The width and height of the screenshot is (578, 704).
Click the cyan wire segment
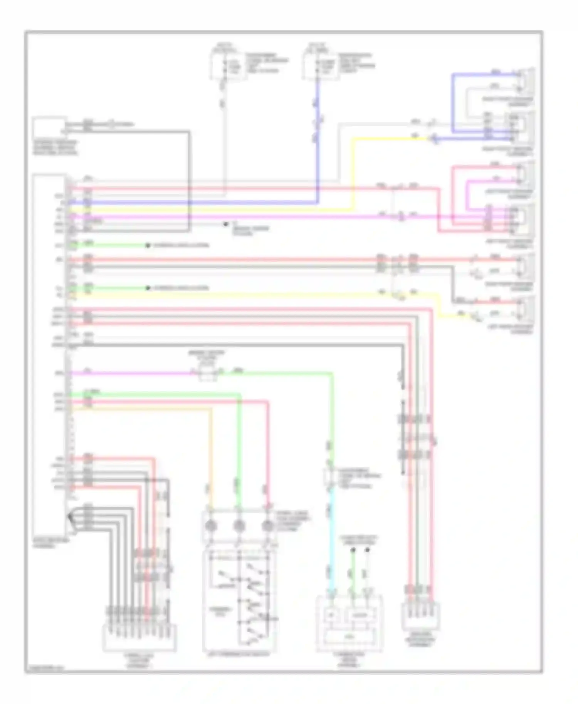coord(332,539)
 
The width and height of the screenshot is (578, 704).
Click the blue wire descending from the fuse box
coord(317,154)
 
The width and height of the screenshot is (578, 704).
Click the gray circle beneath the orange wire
coord(210,526)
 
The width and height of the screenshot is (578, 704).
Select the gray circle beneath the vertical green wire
coord(239,526)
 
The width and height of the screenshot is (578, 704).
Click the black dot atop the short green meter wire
coord(353,550)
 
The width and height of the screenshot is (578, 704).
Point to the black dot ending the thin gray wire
coord(226,224)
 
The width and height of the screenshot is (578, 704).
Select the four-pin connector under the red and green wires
coord(420,616)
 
